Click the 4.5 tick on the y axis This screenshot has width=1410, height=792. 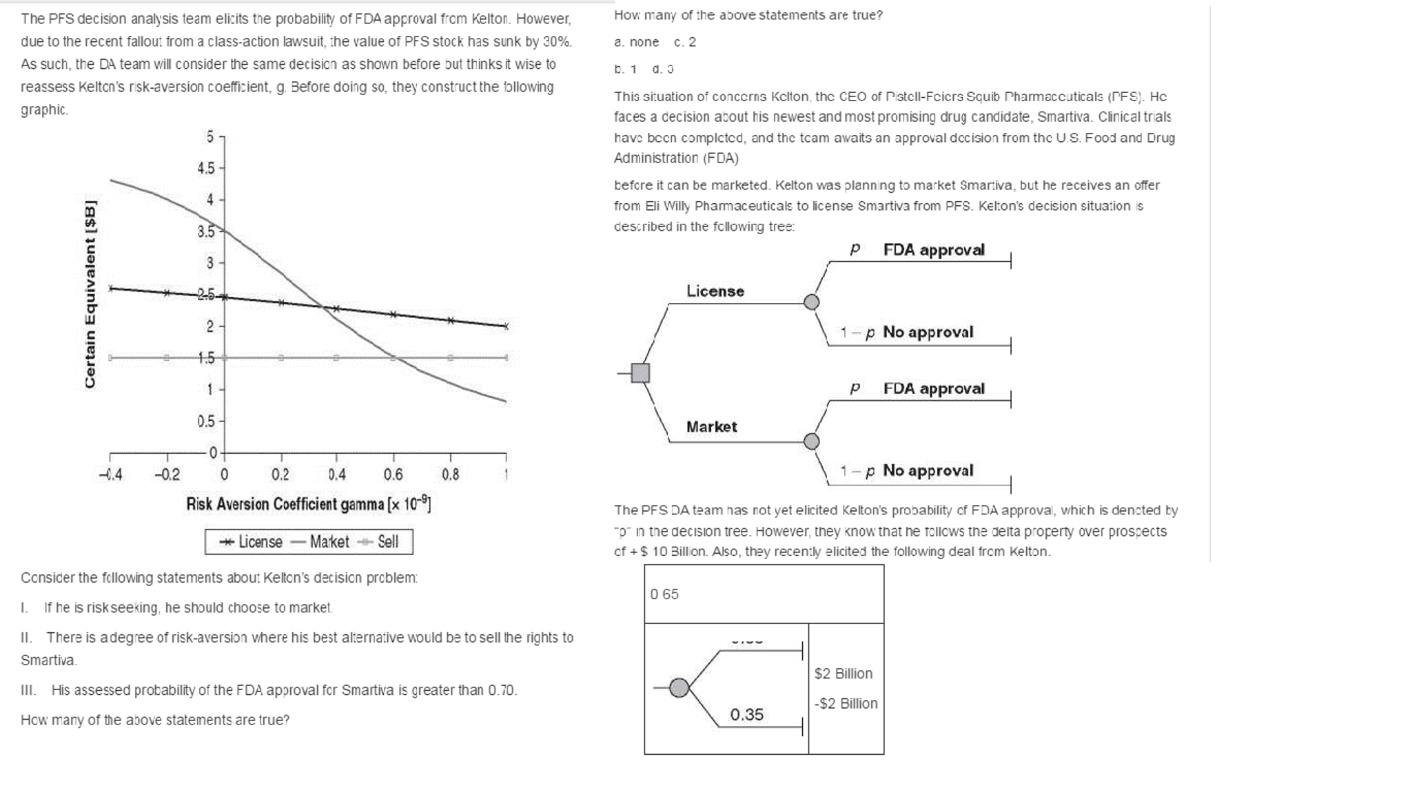pyautogui.click(x=206, y=168)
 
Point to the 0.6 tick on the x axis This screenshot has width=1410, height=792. pyautogui.click(x=393, y=474)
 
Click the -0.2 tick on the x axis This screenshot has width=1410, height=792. pyautogui.click(x=167, y=474)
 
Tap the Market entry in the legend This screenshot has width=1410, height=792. pyautogui.click(x=320, y=542)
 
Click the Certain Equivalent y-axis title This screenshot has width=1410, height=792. pyautogui.click(x=90, y=294)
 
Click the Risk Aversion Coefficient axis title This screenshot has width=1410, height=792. pyautogui.click(x=308, y=504)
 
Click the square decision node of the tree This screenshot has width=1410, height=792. pyautogui.click(x=640, y=373)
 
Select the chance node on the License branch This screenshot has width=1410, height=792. pyautogui.click(x=812, y=302)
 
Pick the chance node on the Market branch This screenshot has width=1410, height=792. pyautogui.click(x=812, y=441)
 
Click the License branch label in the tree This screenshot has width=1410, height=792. pyautogui.click(x=715, y=291)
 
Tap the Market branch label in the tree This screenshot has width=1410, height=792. pyautogui.click(x=711, y=427)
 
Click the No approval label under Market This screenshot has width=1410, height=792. pyautogui.click(x=928, y=470)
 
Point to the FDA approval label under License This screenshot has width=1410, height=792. pyautogui.click(x=933, y=250)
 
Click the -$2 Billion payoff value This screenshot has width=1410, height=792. pyautogui.click(x=846, y=703)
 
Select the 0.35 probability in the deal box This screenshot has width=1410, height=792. pyautogui.click(x=746, y=715)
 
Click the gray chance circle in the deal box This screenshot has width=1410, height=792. pyautogui.click(x=679, y=687)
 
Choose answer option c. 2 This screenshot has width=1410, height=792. pyautogui.click(x=685, y=42)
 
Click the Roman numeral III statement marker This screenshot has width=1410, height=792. pyautogui.click(x=28, y=690)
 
